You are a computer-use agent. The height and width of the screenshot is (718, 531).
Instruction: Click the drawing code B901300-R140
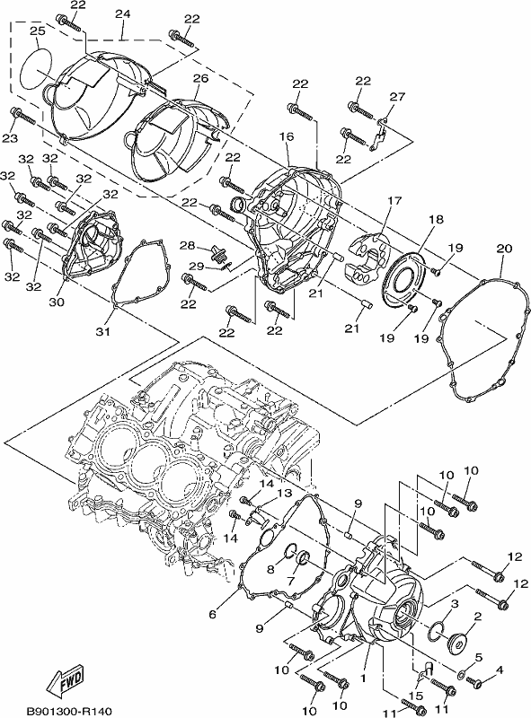(x=69, y=711)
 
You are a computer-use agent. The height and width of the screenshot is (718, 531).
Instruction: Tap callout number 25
(x=38, y=31)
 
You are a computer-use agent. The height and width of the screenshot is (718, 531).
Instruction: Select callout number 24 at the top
(x=122, y=14)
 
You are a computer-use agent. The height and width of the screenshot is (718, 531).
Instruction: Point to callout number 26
(x=201, y=78)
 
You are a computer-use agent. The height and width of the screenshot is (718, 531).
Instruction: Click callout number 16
(x=286, y=136)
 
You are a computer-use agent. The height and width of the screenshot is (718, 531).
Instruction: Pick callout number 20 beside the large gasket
(x=504, y=249)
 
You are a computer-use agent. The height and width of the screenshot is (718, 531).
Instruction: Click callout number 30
(x=57, y=302)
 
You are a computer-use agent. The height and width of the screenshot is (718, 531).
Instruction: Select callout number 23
(x=10, y=138)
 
